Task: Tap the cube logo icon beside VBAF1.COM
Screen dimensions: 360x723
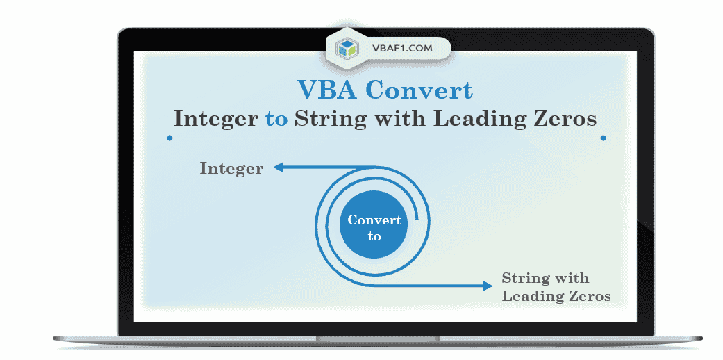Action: (x=346, y=48)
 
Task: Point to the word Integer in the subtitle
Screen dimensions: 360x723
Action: (x=216, y=118)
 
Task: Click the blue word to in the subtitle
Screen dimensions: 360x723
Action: (x=276, y=118)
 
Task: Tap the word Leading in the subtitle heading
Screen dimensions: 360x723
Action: (x=476, y=118)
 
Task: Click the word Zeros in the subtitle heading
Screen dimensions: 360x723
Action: (x=563, y=118)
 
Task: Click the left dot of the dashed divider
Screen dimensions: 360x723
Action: (x=170, y=138)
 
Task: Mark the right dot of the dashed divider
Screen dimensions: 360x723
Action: (x=603, y=138)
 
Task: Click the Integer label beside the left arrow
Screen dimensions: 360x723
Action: (x=231, y=168)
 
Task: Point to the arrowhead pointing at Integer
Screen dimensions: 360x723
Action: (x=278, y=167)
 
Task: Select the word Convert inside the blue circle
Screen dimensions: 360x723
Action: (x=374, y=220)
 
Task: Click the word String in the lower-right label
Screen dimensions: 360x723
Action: (x=524, y=278)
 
